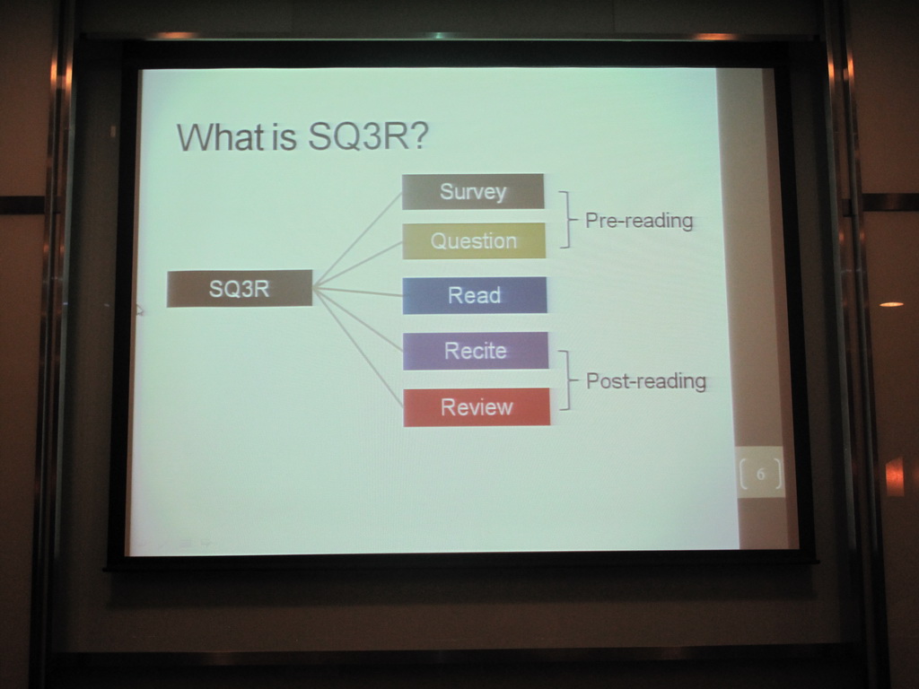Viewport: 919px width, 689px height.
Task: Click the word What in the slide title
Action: coord(221,137)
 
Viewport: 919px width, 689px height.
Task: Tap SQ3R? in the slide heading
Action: coord(368,136)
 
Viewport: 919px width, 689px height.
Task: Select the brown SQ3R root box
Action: coord(239,288)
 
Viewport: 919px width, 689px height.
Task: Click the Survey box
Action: coord(473,191)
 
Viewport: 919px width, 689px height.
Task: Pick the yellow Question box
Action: coord(474,240)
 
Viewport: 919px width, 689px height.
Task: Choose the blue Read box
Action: coord(475,295)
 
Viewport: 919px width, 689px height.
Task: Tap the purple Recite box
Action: coord(476,351)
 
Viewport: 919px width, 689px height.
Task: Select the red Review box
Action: coord(477,407)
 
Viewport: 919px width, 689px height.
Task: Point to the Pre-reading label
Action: coord(639,221)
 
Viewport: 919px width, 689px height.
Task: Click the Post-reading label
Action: coord(646,380)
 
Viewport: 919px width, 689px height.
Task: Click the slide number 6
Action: coord(761,474)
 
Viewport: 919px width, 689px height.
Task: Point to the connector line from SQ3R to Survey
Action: coord(357,240)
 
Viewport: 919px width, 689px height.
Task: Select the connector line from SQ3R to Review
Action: coord(358,347)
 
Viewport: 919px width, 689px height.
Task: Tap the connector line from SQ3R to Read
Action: coord(357,292)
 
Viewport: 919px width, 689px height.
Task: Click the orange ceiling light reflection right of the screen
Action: coord(891,304)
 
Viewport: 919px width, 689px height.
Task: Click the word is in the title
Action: coord(284,137)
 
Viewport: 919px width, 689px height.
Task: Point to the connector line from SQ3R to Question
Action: coord(357,265)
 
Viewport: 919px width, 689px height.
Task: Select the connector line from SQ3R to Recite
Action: coord(358,319)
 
